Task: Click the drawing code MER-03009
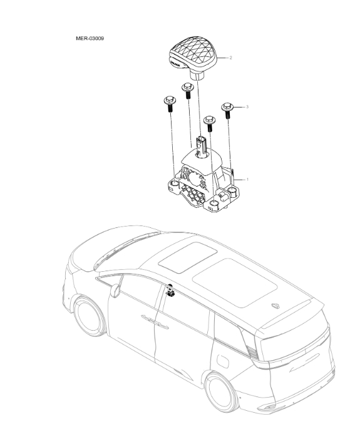coord(90,39)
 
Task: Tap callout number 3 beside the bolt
coord(247,108)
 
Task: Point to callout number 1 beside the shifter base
coord(247,179)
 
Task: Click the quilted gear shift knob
coord(195,54)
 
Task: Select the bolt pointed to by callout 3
coord(227,110)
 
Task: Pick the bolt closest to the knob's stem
coord(187,89)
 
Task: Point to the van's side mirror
coord(115,290)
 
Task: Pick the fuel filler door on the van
coord(223,361)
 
